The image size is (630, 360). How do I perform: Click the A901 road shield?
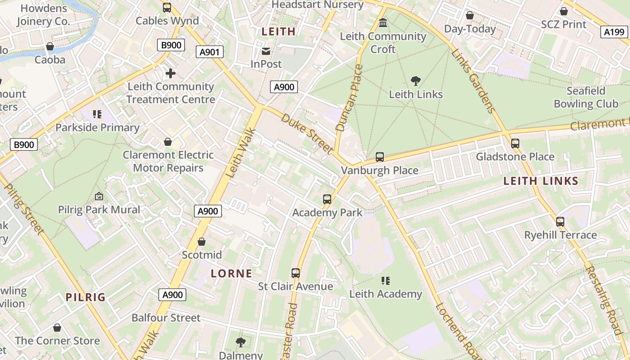coord(210,52)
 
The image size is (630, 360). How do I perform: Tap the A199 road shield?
coord(614,31)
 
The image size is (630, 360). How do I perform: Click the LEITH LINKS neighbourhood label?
coord(540,181)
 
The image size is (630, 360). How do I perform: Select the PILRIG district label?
coord(85,297)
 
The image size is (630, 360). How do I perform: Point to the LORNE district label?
coord(231,273)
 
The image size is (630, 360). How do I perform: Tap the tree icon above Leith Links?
coord(416,81)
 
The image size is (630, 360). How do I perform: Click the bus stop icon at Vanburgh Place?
coord(380,157)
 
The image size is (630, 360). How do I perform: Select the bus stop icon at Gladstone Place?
coord(515,144)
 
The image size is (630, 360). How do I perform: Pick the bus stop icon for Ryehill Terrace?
coord(560,221)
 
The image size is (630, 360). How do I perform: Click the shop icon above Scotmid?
coord(202,242)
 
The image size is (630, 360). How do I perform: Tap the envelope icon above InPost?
coord(266,51)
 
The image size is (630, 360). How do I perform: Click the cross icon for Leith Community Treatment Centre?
coord(170,73)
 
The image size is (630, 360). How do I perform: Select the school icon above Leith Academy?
coord(386,281)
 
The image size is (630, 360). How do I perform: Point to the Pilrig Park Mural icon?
coord(99,196)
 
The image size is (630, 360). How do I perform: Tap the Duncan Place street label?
coord(349,98)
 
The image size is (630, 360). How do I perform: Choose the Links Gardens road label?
coord(473,81)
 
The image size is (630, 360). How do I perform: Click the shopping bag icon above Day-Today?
coord(470,16)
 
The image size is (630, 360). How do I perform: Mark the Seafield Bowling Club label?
coord(586,97)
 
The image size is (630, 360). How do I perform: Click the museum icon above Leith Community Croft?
coord(383,22)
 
